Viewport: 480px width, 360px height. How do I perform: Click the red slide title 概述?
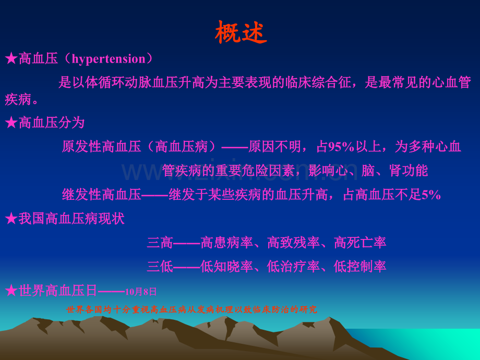(241, 32)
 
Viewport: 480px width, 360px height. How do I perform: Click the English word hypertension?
(109, 59)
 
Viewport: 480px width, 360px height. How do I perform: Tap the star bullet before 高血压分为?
(11, 123)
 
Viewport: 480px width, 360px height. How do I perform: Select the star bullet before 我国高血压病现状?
(11, 219)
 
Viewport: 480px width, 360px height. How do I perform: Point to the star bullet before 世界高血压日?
(11, 291)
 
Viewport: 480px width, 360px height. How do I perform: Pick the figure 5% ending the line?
(431, 195)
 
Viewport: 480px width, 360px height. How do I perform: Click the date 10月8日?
(141, 292)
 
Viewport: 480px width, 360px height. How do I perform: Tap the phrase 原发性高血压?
(101, 147)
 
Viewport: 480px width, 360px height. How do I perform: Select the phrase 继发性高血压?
(101, 195)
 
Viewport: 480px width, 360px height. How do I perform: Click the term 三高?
(160, 243)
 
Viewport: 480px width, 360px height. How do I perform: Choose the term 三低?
(160, 267)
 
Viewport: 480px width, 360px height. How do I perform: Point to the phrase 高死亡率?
(360, 243)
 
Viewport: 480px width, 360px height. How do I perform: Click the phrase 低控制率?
(360, 267)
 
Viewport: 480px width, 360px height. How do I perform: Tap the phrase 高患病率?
(227, 243)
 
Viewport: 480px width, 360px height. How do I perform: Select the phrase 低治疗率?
(293, 267)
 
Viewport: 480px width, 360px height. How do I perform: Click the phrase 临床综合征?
(318, 82)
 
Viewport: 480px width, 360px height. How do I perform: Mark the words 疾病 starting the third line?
(18, 100)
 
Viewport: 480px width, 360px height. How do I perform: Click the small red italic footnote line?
(191, 309)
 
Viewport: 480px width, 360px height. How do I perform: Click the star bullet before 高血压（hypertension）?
(11, 58)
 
